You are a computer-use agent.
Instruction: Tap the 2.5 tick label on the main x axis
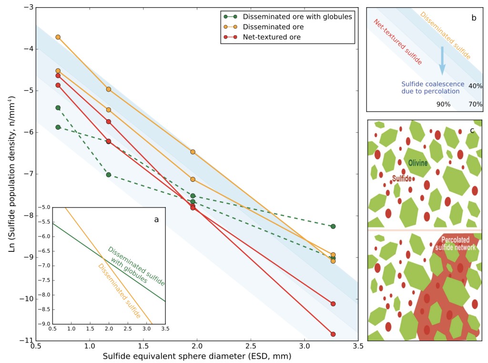[250, 345]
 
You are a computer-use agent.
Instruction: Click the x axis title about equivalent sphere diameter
[196, 356]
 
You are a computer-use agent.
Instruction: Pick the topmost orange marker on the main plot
[58, 37]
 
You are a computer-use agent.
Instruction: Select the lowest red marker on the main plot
[333, 334]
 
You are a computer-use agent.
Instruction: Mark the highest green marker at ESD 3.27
[333, 226]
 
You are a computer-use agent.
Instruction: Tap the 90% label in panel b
[443, 104]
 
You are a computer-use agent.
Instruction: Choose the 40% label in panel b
[475, 86]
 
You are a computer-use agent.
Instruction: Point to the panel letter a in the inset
[156, 219]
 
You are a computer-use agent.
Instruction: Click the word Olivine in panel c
[418, 163]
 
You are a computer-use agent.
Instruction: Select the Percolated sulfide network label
[458, 244]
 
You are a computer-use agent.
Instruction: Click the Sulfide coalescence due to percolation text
[430, 87]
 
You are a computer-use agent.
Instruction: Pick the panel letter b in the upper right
[473, 18]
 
